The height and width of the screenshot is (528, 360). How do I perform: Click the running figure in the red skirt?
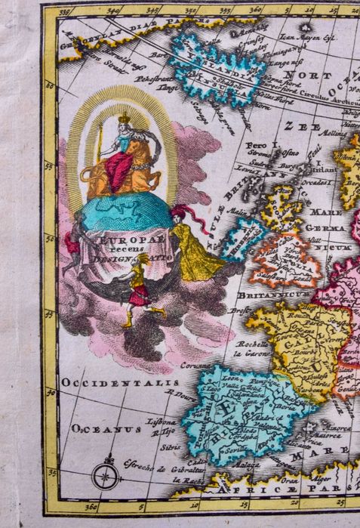[x=139, y=293]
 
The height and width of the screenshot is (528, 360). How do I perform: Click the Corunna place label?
[x=194, y=365]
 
